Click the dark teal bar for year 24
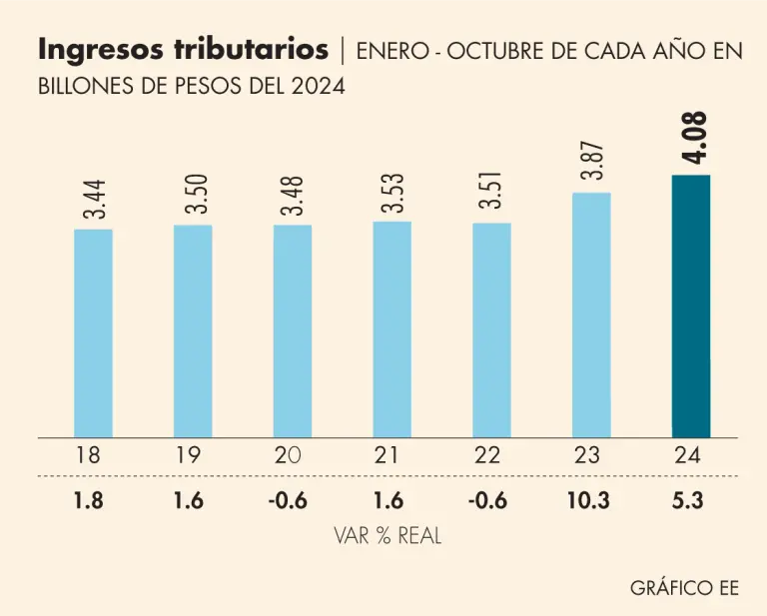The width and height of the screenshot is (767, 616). pos(690,306)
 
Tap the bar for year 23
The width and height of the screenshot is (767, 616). pos(591,314)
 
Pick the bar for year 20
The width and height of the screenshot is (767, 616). pos(293,330)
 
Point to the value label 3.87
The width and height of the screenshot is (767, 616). pos(593,160)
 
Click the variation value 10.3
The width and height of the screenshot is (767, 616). pos(590,500)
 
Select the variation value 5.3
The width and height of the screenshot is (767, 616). pos(689,500)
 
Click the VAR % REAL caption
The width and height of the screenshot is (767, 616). pos(387,536)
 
